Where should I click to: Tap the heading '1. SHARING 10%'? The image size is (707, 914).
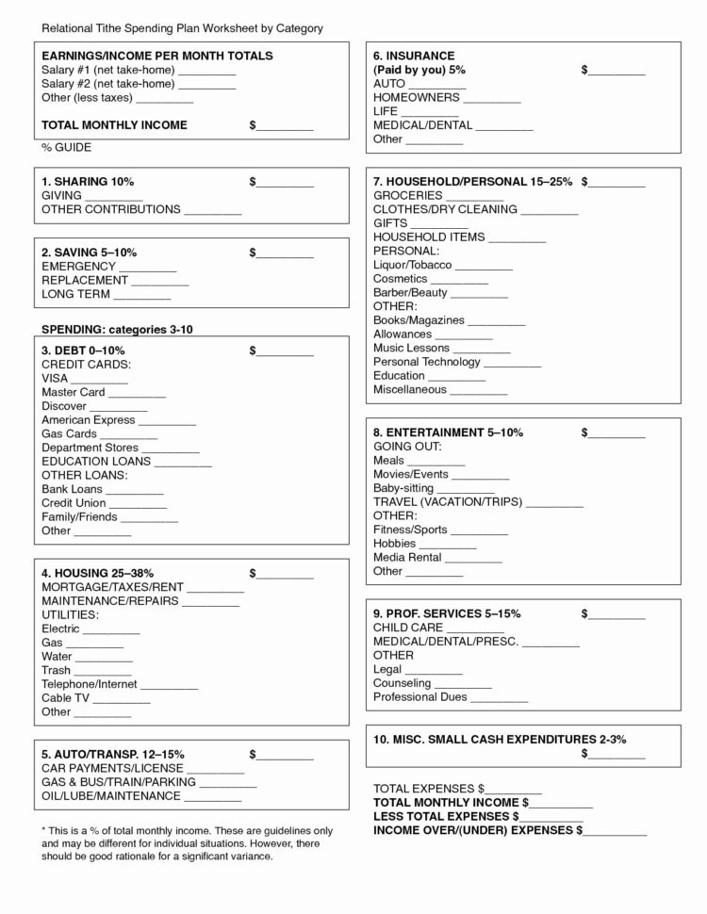[x=88, y=181]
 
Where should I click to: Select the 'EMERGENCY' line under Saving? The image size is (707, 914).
[x=77, y=267]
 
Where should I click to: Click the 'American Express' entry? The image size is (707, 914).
[x=89, y=420]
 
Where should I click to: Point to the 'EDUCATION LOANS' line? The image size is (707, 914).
[x=95, y=462]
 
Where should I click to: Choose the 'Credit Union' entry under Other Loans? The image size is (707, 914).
[x=74, y=503]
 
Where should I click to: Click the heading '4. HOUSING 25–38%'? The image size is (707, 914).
[x=98, y=573]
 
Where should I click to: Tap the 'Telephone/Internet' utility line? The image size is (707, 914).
[x=90, y=684]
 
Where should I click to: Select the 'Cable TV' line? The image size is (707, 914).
[x=66, y=698]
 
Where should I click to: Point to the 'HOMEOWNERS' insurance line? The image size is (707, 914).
[x=417, y=97]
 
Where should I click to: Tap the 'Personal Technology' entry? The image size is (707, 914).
[x=427, y=363]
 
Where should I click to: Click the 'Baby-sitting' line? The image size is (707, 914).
[x=403, y=488]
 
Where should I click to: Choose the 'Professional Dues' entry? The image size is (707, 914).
[x=419, y=697]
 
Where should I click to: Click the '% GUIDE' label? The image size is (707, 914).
[x=66, y=148]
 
